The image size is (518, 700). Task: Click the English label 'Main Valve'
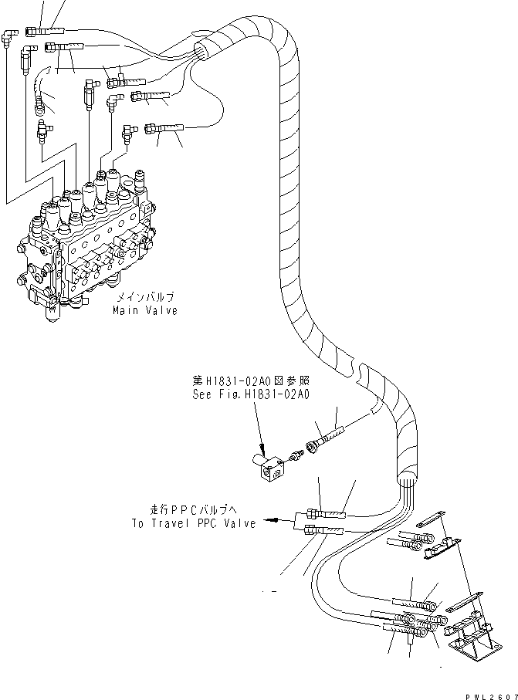point(144,310)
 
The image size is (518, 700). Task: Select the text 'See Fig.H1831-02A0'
point(250,394)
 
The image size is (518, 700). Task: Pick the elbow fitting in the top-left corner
point(17,34)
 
